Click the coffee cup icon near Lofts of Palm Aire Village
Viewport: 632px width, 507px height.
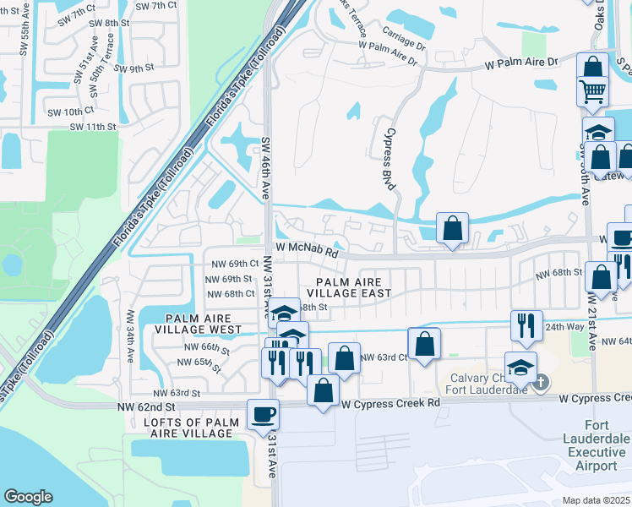[x=262, y=414]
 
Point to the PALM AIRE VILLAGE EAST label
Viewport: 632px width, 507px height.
[x=354, y=287]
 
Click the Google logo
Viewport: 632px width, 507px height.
[x=28, y=497]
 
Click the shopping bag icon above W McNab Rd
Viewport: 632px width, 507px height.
[x=453, y=228]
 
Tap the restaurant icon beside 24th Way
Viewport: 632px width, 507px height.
[x=526, y=324]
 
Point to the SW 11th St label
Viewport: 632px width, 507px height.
[x=92, y=127]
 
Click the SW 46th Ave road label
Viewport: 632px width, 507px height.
[x=266, y=168]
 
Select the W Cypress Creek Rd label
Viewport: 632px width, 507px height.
[x=390, y=404]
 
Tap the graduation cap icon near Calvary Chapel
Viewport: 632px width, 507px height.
[x=520, y=366]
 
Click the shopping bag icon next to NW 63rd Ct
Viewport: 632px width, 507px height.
[x=424, y=343]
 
